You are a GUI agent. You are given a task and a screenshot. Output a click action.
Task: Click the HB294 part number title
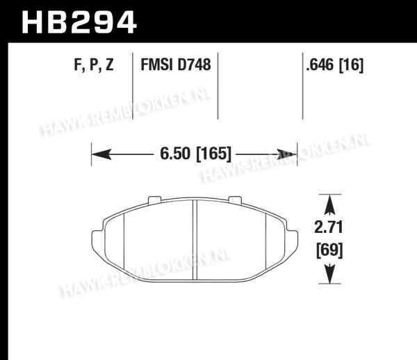[x=79, y=22]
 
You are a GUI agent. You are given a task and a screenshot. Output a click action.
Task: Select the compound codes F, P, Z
[x=94, y=65]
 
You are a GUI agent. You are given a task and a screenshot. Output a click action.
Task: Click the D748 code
[x=194, y=65]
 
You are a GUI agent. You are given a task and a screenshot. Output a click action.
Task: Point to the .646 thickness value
[x=320, y=65]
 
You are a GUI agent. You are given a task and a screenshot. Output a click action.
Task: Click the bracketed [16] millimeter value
[x=351, y=65]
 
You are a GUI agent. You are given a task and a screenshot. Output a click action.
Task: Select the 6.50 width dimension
[x=175, y=154]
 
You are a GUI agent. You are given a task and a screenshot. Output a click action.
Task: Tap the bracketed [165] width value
[x=213, y=154]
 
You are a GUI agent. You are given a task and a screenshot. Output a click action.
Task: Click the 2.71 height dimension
[x=329, y=227]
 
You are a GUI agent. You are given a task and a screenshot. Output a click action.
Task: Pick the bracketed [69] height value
[x=329, y=250]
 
